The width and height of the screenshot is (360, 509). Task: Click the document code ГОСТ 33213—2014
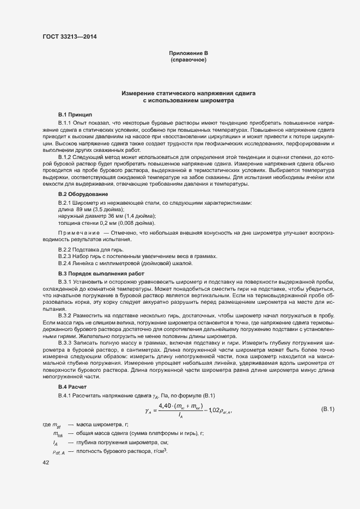point(66,37)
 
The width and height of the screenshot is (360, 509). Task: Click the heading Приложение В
point(188,53)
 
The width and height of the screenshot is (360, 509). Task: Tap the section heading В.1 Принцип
point(75,115)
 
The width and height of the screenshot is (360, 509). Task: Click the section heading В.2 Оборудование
point(83,194)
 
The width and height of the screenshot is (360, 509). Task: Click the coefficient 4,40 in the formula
point(166,406)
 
